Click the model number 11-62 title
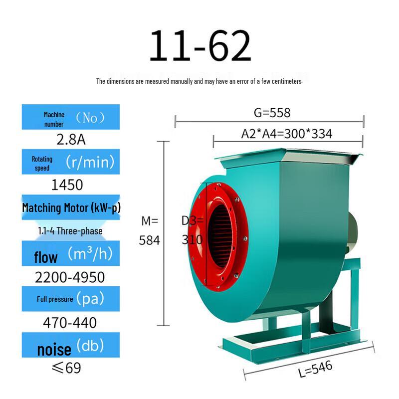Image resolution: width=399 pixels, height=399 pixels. pyautogui.click(x=199, y=46)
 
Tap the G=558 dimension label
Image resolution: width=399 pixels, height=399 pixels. pyautogui.click(x=272, y=113)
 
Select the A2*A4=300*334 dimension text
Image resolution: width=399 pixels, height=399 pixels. pyautogui.click(x=286, y=134)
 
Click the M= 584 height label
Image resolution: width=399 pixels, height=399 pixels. pyautogui.click(x=150, y=230)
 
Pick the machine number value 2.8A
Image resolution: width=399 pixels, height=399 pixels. pyautogui.click(x=71, y=139)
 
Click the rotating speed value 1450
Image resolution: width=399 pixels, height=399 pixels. pyautogui.click(x=67, y=185)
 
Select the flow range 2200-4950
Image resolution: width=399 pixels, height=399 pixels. pyautogui.click(x=70, y=277)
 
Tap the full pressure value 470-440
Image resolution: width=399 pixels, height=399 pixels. pyautogui.click(x=70, y=323)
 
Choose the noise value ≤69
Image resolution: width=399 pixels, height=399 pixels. pyautogui.click(x=66, y=368)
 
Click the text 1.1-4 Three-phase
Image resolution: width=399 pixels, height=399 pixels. pyautogui.click(x=70, y=231)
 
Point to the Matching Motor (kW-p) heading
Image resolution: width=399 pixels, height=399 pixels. pyautogui.click(x=71, y=207)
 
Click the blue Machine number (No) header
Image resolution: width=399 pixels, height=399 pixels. pyautogui.click(x=71, y=118)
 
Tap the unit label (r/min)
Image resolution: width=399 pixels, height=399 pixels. pyautogui.click(x=90, y=162)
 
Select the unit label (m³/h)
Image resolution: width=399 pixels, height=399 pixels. pyautogui.click(x=90, y=254)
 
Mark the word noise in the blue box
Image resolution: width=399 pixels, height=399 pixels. pyautogui.click(x=54, y=349)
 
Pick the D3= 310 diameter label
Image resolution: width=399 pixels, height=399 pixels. pyautogui.click(x=193, y=229)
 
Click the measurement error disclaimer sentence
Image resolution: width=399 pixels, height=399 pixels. pyautogui.click(x=199, y=81)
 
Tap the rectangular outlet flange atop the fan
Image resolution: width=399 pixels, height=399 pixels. pyautogui.click(x=289, y=159)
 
